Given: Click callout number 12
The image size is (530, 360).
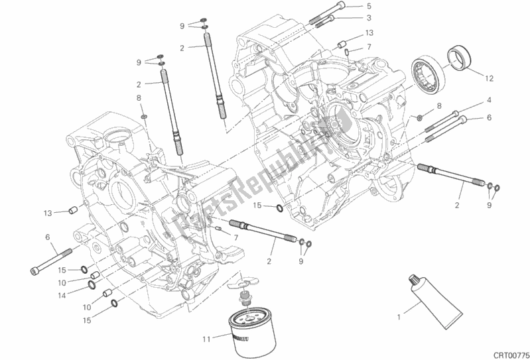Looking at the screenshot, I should tap(489, 78).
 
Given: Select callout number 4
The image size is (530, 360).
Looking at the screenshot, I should tap(489, 100).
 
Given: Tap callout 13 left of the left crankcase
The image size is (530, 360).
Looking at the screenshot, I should tap(47, 213).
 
